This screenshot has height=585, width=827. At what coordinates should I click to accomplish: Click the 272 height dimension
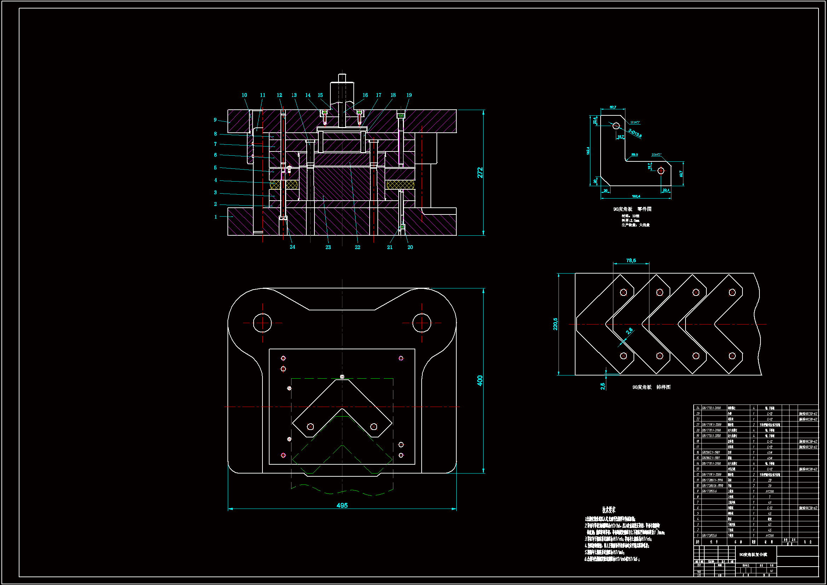pyautogui.click(x=480, y=173)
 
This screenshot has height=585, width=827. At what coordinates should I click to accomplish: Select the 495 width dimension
pyautogui.click(x=342, y=505)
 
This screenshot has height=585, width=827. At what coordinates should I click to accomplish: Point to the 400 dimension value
pyautogui.click(x=480, y=381)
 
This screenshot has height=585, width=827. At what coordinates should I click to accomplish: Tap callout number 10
pyautogui.click(x=244, y=95)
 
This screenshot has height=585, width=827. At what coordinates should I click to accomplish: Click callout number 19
pyautogui.click(x=409, y=95)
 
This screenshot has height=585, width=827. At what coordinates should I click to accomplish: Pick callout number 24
pyautogui.click(x=292, y=247)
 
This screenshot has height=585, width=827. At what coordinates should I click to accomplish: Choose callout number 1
pyautogui.click(x=215, y=217)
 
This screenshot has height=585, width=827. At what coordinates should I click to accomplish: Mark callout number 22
pyautogui.click(x=357, y=247)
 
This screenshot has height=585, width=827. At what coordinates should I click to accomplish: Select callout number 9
pyautogui.click(x=215, y=120)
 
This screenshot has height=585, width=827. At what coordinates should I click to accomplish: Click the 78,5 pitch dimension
pyautogui.click(x=631, y=260)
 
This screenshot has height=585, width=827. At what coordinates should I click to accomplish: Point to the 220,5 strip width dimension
pyautogui.click(x=555, y=324)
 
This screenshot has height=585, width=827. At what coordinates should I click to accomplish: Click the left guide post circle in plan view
pyautogui.click(x=262, y=323)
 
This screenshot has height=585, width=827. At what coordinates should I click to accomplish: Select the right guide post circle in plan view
pyautogui.click(x=421, y=323)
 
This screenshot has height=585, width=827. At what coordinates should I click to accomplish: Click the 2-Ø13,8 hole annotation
pyautogui.click(x=635, y=133)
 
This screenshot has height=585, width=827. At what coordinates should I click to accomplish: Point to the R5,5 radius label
pyautogui.click(x=634, y=155)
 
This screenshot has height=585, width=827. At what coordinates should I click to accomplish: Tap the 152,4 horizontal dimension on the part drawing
pyautogui.click(x=636, y=196)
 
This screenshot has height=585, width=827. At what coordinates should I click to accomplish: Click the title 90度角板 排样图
pyautogui.click(x=651, y=387)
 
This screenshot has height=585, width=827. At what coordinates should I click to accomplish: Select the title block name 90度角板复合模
pyautogui.click(x=753, y=555)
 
